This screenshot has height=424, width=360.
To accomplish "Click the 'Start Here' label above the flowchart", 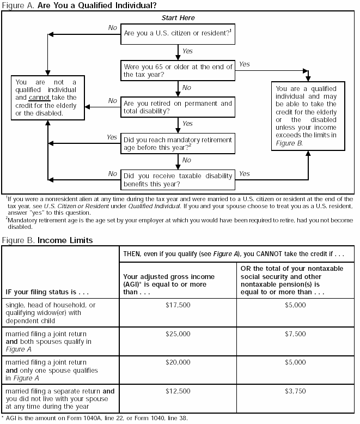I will pos(178,18).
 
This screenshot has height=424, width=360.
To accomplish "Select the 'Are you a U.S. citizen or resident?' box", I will pos(178,33).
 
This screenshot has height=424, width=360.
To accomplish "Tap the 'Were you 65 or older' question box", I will pos(178,70).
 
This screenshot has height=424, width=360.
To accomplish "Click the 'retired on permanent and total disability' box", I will pos(178,107).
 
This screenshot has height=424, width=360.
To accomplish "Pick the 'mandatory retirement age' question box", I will pos(178,144).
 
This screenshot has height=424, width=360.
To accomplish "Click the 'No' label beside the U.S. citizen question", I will pos(112,27).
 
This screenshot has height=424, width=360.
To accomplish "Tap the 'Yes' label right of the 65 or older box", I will pos(245,64).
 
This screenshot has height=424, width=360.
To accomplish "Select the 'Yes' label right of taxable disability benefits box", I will pos(245,174).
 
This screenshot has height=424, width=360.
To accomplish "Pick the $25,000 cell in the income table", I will pos(178,334).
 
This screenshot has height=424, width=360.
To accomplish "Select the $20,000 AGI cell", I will pos(178,362).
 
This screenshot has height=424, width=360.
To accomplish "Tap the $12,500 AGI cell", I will pos(178,391).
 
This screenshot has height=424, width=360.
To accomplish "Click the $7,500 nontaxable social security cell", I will pos(296,334).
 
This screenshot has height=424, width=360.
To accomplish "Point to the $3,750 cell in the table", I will pos(296,391).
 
